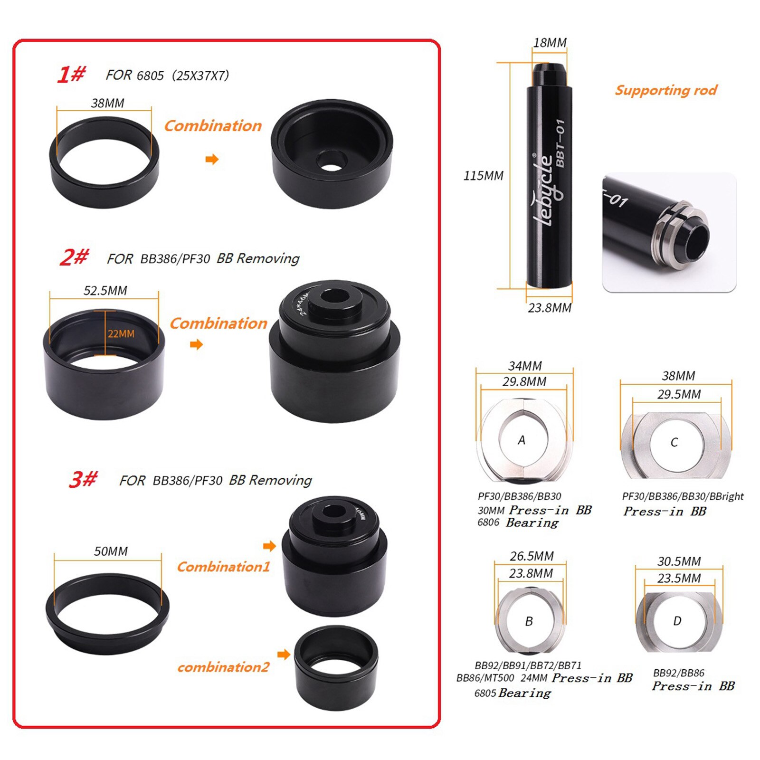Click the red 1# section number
point(71,75)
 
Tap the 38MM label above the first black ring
point(108,103)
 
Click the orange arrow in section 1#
point(212,159)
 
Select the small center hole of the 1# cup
point(331,161)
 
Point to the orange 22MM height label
point(121,334)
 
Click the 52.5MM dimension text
point(105,291)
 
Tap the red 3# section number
point(83,479)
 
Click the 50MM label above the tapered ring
point(111,551)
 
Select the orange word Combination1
point(223,567)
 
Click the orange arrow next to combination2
point(284,655)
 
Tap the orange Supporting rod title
point(666,90)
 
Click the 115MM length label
point(483,176)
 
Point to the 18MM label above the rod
point(550,43)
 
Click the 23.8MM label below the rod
point(550,308)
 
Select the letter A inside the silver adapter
point(522,440)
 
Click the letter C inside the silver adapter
point(674,442)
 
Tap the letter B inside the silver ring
point(529,621)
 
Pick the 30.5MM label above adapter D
point(679,561)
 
